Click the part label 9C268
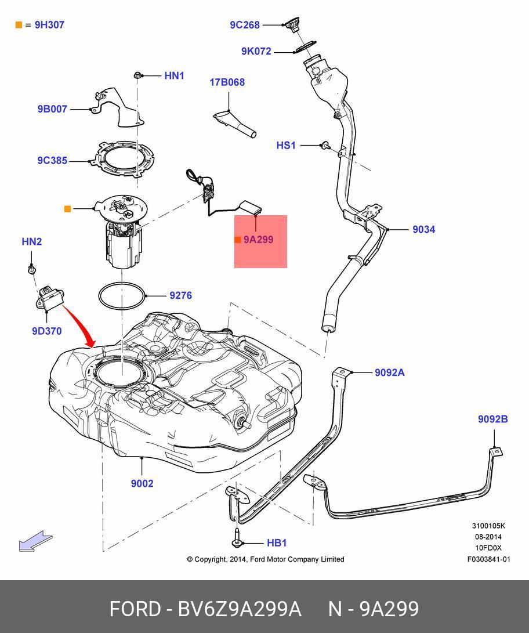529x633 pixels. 245,25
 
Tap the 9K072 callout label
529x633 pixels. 256,51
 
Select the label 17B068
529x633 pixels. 227,82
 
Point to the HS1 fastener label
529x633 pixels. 286,145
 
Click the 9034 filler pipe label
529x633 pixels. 423,229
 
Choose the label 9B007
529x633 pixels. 52,108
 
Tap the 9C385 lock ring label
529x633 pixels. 52,160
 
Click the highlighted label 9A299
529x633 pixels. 258,240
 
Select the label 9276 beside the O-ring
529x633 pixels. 180,295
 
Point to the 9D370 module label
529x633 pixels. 46,331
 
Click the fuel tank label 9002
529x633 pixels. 142,483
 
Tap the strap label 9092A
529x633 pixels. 389,372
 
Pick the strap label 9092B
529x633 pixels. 492,419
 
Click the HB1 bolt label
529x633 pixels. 277,543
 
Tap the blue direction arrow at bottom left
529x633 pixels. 35,542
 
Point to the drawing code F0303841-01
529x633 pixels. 488,559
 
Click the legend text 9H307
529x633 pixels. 49,25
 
